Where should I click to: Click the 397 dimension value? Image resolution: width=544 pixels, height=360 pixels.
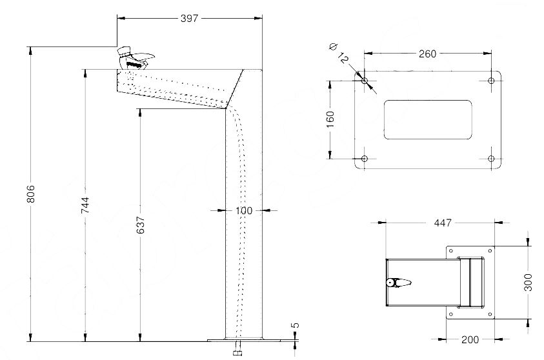(188, 19)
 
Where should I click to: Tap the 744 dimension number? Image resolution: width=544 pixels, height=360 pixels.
(85, 205)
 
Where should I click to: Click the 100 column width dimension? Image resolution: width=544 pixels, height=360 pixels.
(244, 210)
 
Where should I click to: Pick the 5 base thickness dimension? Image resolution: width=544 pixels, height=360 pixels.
(295, 326)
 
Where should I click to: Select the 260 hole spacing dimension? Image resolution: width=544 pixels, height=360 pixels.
(427, 54)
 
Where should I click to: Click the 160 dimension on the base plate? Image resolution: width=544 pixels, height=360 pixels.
(330, 119)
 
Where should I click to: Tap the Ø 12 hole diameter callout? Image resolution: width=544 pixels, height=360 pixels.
(338, 54)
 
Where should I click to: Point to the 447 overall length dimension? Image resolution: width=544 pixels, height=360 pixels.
(442, 223)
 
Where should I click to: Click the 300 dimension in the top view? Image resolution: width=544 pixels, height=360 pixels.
(529, 282)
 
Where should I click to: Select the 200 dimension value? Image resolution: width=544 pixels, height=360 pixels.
(470, 339)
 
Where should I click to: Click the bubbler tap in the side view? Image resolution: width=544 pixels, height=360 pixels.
(135, 59)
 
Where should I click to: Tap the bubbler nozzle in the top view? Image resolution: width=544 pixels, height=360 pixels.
(398, 283)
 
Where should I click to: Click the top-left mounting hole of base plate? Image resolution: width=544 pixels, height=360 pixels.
(365, 81)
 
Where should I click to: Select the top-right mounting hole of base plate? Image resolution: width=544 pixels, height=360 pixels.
(491, 81)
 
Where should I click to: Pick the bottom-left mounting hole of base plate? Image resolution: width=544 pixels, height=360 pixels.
(365, 159)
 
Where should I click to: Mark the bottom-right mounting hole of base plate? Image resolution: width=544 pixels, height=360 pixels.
(491, 159)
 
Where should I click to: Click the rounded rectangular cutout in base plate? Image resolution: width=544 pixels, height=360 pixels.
(428, 119)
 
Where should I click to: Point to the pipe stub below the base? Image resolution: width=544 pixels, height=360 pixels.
(237, 350)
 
